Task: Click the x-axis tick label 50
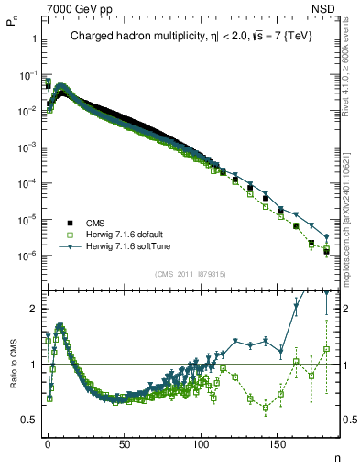[125, 442]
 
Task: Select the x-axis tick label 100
[201, 442]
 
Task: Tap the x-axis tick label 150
[278, 442]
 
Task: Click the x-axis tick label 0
[48, 442]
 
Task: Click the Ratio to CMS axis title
[13, 378]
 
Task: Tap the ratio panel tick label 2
[31, 309]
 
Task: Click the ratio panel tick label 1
[31, 365]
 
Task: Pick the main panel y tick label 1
[31, 38]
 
